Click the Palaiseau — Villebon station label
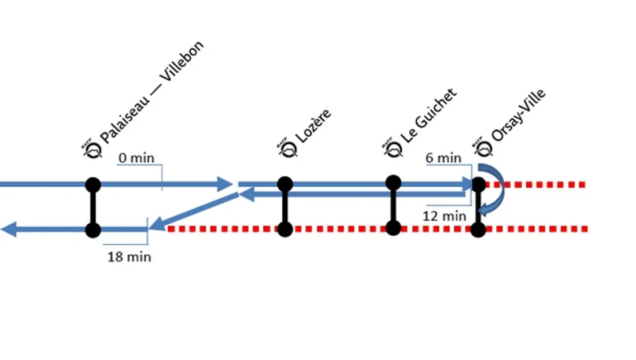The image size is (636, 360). click(152, 92)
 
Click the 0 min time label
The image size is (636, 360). click(136, 158)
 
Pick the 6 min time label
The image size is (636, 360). click(443, 158)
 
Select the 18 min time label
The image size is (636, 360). click(129, 257)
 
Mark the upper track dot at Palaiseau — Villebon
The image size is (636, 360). click(93, 185)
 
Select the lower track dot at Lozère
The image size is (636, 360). click(284, 229)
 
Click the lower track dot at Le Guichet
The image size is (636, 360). click(393, 228)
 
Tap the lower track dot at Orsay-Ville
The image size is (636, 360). click(478, 230)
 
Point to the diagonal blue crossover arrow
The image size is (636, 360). click(194, 211)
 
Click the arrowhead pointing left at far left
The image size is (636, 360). click(9, 230)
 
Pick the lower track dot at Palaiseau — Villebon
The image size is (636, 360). click(93, 230)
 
